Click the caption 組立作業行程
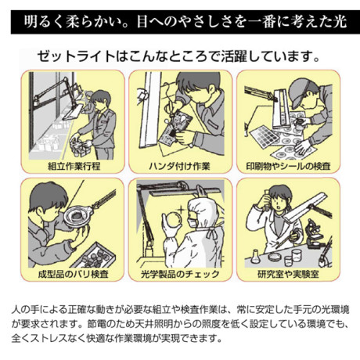click(x=74, y=166)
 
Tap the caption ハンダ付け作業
click(x=179, y=166)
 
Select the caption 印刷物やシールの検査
click(x=288, y=166)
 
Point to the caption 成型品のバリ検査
click(x=73, y=274)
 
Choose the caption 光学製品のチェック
click(x=180, y=274)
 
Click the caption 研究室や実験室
click(x=288, y=274)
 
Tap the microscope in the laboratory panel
click(x=315, y=234)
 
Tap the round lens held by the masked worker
click(x=173, y=221)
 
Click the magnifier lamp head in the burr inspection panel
click(x=77, y=216)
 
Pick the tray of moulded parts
click(x=95, y=256)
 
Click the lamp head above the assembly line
click(x=74, y=113)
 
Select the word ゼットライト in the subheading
click(x=76, y=56)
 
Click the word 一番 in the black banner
click(x=262, y=22)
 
